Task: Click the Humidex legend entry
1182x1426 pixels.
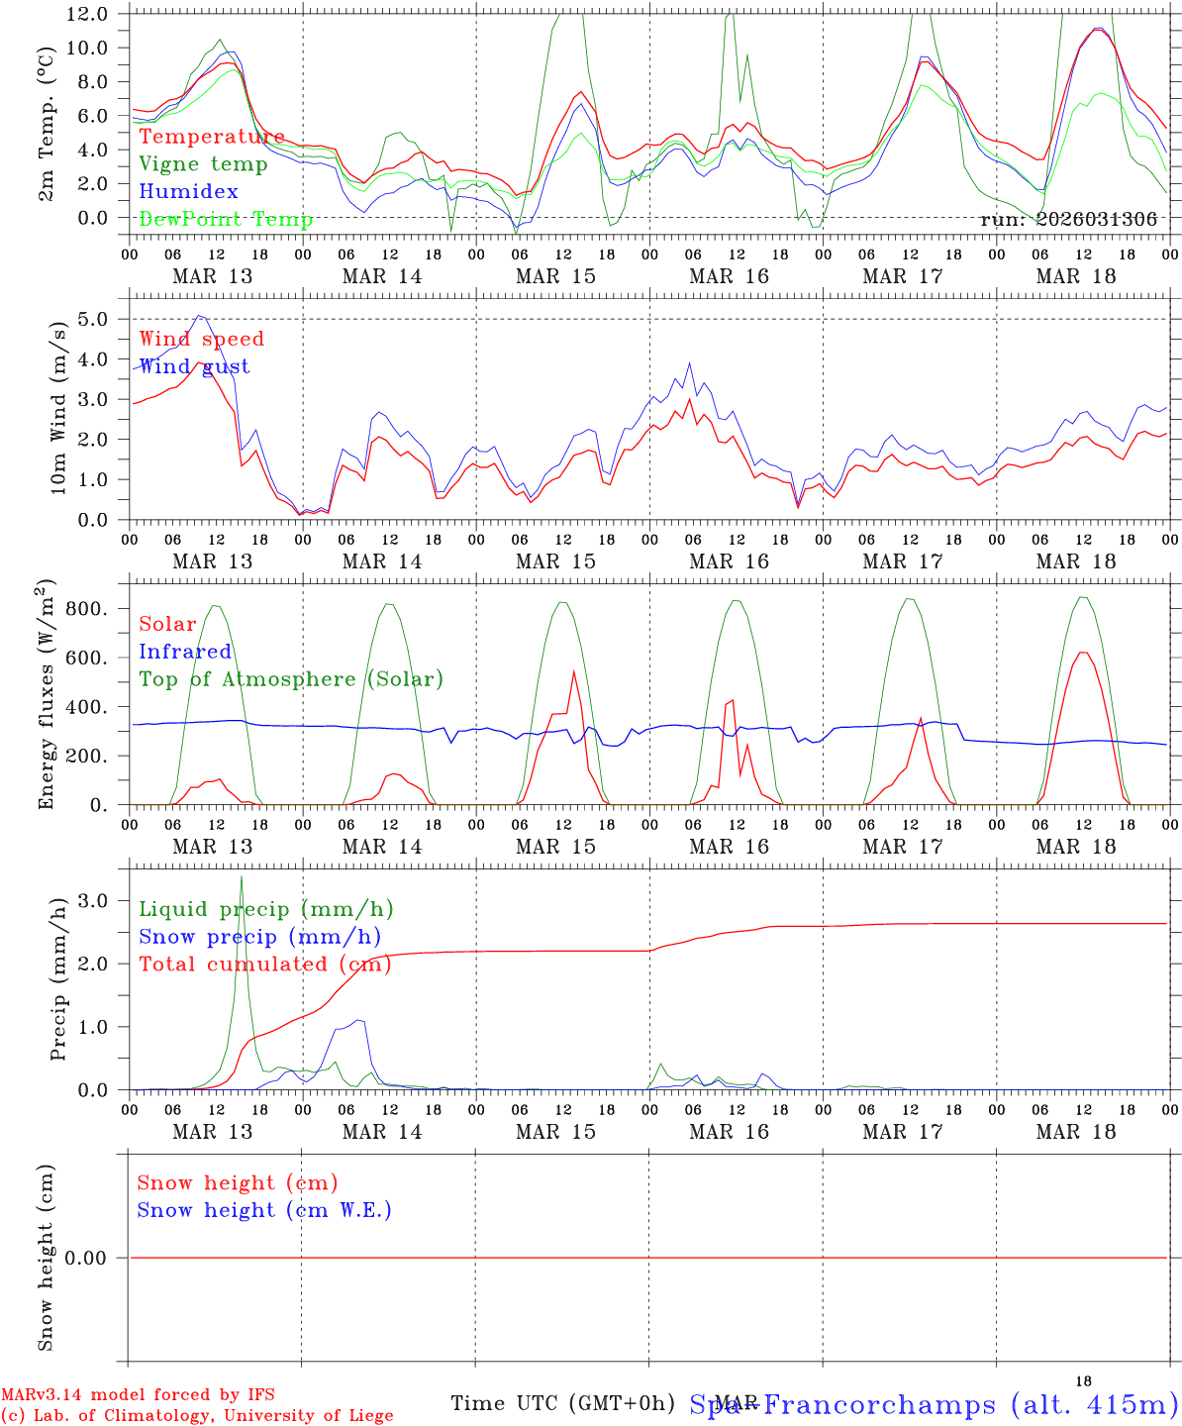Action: (188, 192)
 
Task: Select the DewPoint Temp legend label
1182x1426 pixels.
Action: (226, 219)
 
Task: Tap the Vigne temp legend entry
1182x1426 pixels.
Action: (203, 164)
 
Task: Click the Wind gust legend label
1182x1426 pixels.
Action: (194, 366)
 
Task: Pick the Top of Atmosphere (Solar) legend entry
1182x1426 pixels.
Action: (291, 679)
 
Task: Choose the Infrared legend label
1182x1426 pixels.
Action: (185, 652)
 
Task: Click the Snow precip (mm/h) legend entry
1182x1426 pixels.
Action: (259, 937)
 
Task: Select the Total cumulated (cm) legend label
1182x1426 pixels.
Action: (265, 964)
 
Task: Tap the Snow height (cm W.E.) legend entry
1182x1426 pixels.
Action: (264, 1210)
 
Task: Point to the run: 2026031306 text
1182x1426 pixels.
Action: (1068, 220)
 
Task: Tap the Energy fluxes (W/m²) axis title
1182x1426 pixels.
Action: (47, 697)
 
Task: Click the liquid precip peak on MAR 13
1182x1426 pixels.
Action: (241, 877)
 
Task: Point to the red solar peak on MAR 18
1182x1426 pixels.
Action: (1083, 653)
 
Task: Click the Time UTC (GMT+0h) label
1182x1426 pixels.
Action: (562, 1403)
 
